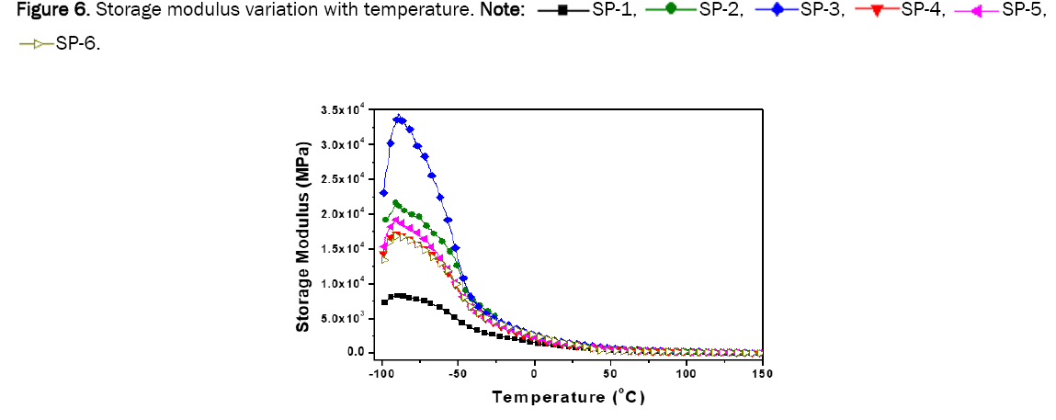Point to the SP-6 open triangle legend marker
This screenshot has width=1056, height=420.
point(38,42)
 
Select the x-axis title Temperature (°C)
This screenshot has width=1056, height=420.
point(569,397)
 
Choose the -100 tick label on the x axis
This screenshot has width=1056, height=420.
point(381,372)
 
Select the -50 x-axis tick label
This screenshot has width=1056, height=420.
point(458,372)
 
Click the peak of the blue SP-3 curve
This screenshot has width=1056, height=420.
point(398,118)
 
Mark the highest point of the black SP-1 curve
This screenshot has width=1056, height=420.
point(399,295)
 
